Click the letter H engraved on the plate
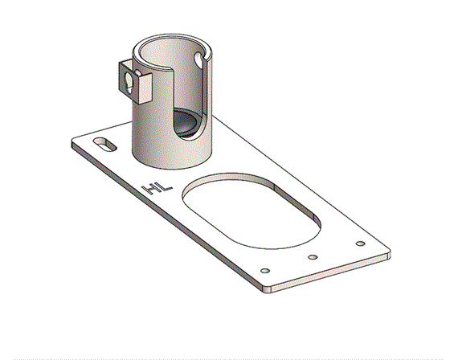tap(150, 190)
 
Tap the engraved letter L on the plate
tap(166, 187)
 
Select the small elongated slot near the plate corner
tap(105, 145)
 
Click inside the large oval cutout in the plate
tap(251, 212)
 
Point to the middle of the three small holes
tap(313, 257)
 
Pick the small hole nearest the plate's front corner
tap(265, 271)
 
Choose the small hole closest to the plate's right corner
tap(361, 243)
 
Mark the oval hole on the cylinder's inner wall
tap(198, 59)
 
